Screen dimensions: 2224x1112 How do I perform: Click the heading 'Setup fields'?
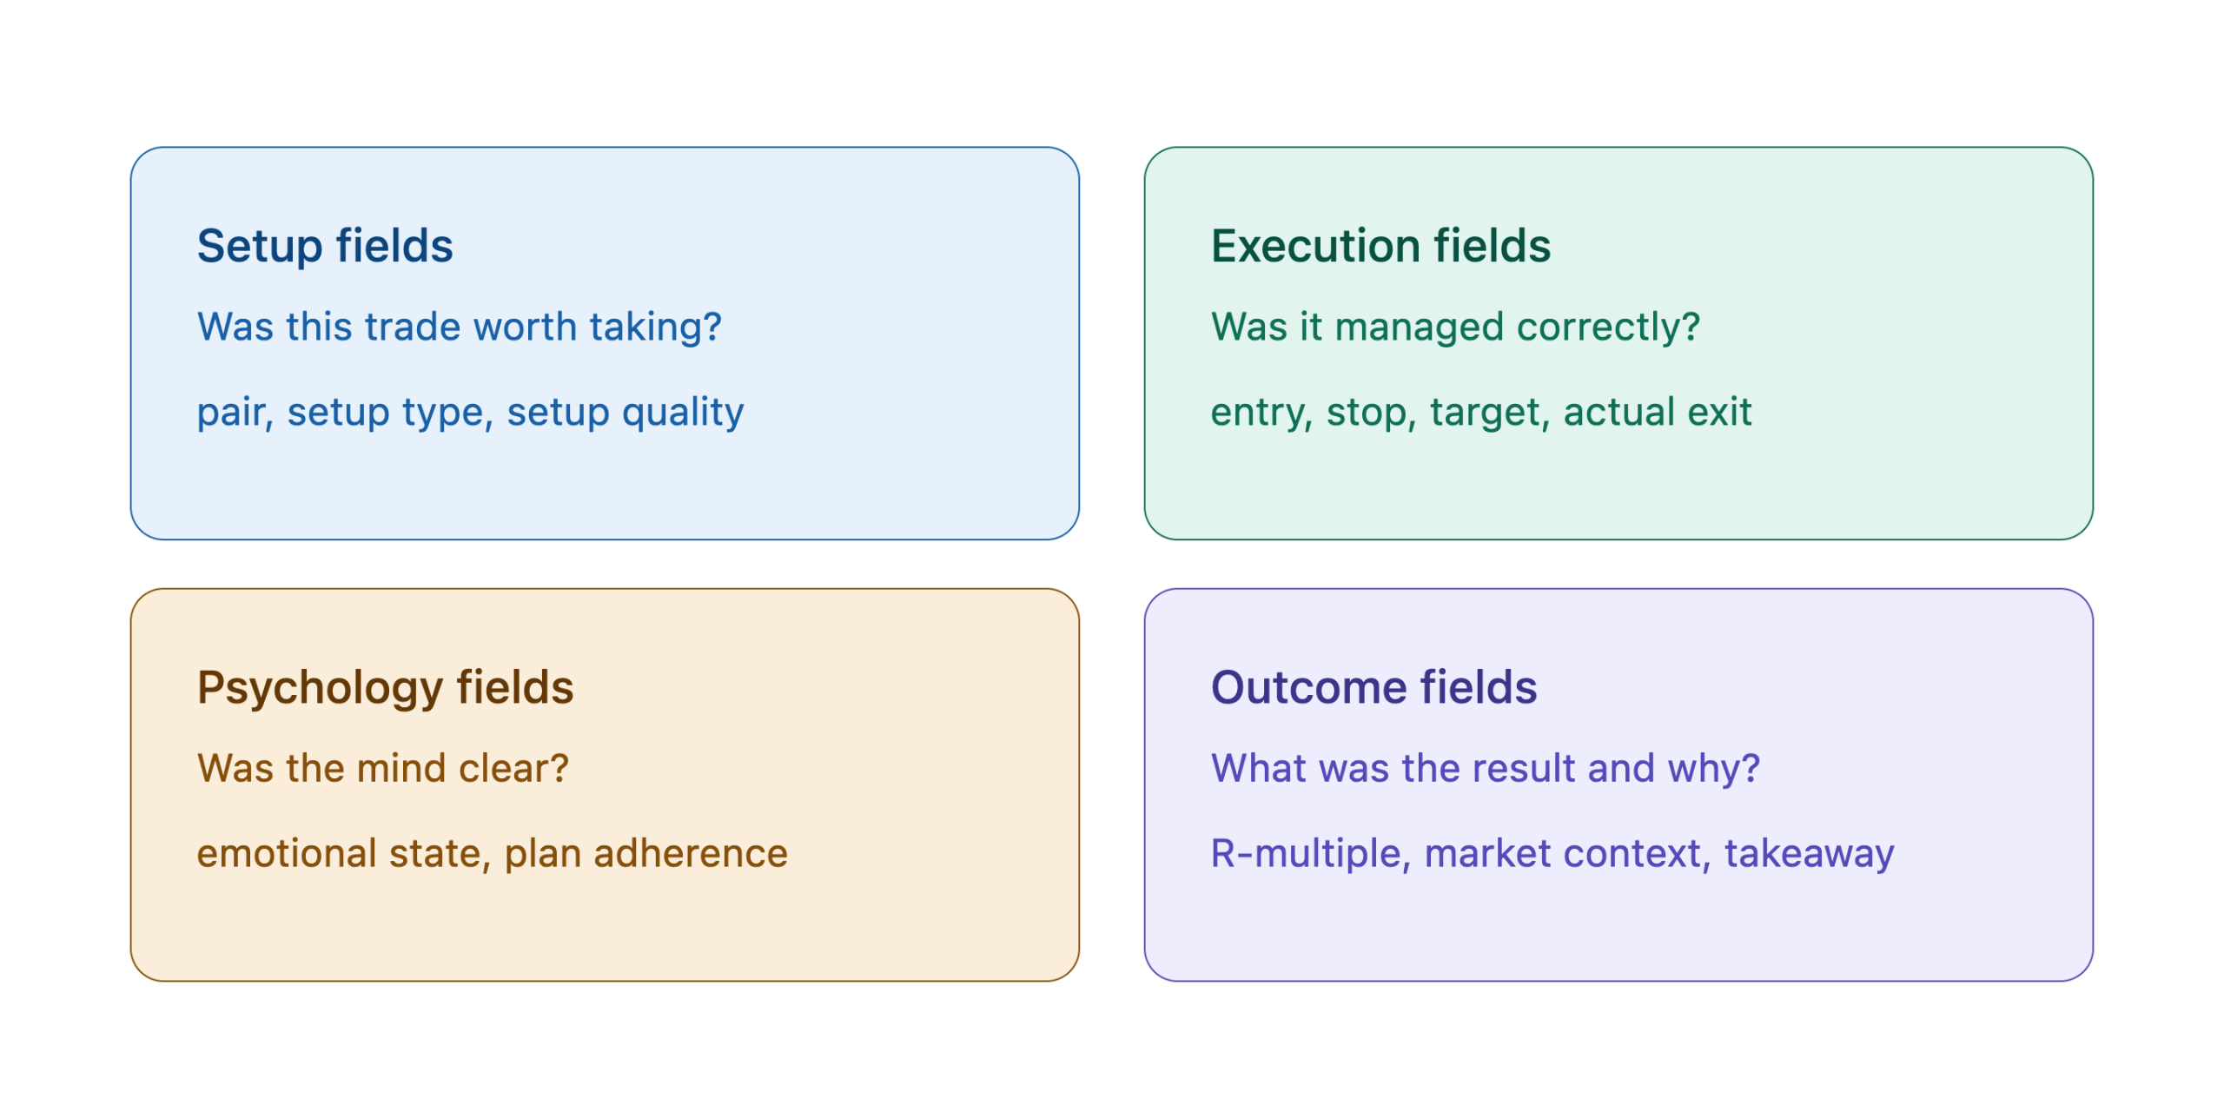pyautogui.click(x=325, y=246)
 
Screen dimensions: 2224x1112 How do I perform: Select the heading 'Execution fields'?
pyautogui.click(x=1380, y=246)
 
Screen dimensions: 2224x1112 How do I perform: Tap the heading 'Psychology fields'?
pyautogui.click(x=385, y=688)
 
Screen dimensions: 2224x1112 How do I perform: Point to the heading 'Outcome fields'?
pyautogui.click(x=1373, y=687)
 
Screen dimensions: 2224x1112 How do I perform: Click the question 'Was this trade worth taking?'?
pyautogui.click(x=459, y=327)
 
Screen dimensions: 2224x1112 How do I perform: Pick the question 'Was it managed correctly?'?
pyautogui.click(x=1455, y=328)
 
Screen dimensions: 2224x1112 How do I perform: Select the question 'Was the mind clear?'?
pyautogui.click(x=382, y=768)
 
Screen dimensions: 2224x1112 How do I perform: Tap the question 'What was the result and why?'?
pyautogui.click(x=1485, y=769)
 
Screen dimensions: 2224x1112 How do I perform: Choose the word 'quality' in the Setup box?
pyautogui.click(x=683, y=413)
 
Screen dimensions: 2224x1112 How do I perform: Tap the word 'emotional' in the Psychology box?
pyautogui.click(x=286, y=853)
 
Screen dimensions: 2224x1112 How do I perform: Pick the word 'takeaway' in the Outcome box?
pyautogui.click(x=1809, y=855)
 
